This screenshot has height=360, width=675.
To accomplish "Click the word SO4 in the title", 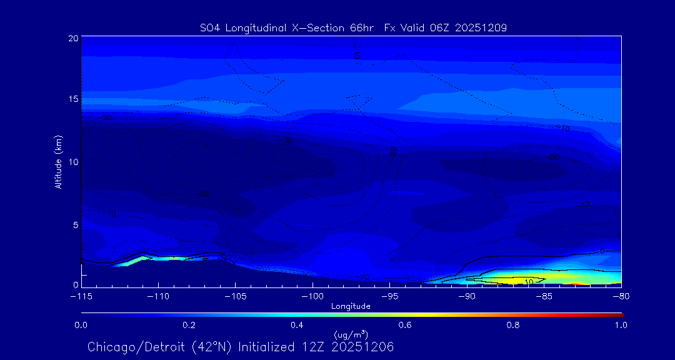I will [x=210, y=27].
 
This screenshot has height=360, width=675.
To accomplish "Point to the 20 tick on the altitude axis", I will [x=72, y=38].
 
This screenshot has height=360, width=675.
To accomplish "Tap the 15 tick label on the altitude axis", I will [x=72, y=99].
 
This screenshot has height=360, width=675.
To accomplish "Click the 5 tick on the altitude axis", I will [x=75, y=224].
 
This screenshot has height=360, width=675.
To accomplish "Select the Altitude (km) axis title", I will [x=59, y=161].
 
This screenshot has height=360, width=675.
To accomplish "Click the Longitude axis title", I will [x=351, y=306].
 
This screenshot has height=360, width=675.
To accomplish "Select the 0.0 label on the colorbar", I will [x=81, y=325].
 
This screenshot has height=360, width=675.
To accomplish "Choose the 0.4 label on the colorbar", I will [x=297, y=325].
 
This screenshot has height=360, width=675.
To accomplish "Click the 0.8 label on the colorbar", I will [x=513, y=325].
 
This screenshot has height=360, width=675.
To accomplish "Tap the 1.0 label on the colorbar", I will [x=621, y=325].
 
